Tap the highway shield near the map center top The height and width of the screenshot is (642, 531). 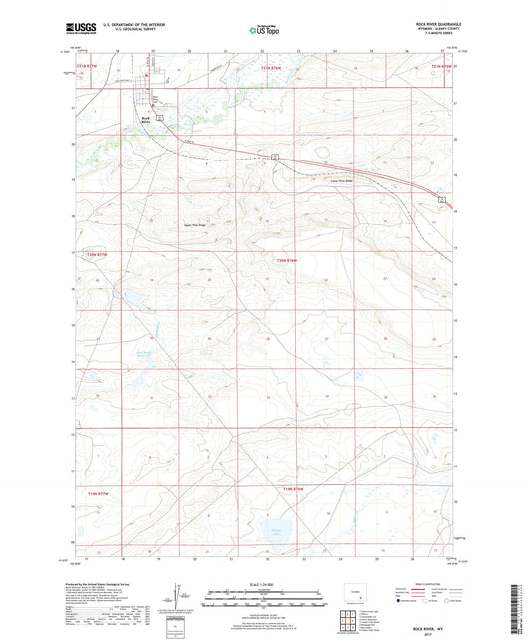(x=272, y=158)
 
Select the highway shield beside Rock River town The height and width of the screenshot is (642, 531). (x=158, y=117)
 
